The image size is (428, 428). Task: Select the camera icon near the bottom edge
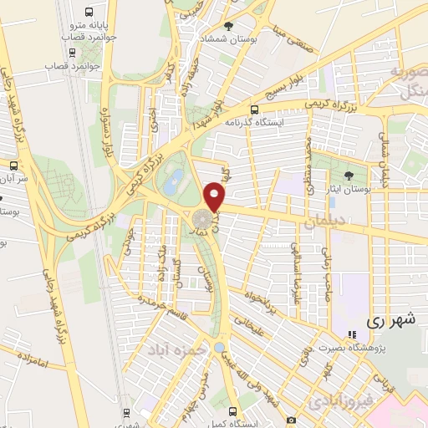pos(290,419)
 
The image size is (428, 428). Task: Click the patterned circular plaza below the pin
pos(201,220)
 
